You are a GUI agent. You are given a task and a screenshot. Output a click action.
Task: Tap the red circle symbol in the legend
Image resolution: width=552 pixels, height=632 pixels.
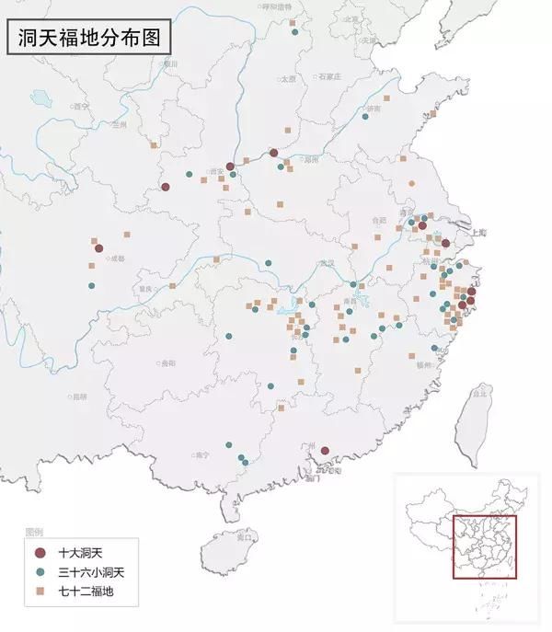tap(39, 554)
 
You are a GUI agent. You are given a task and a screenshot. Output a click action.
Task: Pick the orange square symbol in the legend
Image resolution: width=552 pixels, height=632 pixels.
tap(39, 591)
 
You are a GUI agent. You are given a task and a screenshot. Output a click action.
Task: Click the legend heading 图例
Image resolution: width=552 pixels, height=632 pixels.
tap(34, 534)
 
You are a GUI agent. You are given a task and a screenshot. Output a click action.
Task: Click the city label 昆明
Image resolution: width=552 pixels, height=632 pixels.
tap(78, 396)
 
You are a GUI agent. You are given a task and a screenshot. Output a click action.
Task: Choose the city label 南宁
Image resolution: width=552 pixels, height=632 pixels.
tap(203, 454)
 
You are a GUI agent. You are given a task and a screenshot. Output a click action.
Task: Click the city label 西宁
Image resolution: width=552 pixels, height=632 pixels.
tap(80, 107)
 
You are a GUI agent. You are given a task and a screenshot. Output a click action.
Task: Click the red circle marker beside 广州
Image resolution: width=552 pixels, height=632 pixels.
tap(324, 452)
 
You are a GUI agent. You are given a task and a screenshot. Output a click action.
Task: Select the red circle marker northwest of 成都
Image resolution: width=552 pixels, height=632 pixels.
tap(98, 247)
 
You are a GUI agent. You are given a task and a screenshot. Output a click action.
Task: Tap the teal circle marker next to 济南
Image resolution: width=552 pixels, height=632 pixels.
tap(365, 116)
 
